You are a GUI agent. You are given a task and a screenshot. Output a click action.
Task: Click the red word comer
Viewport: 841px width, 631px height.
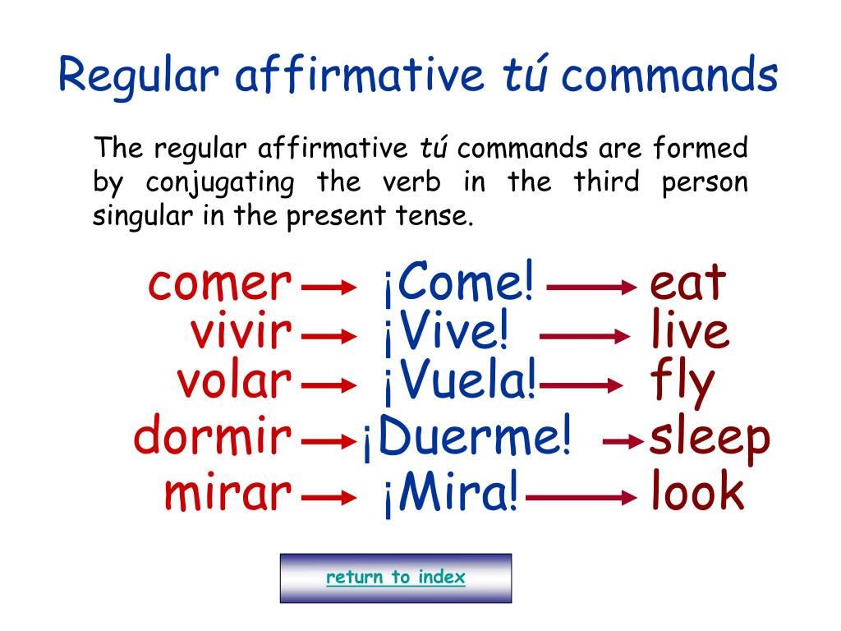pyautogui.click(x=220, y=284)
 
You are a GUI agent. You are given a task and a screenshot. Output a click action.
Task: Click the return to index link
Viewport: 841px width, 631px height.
pyautogui.click(x=395, y=578)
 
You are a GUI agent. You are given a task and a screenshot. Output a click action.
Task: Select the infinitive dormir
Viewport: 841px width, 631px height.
pyautogui.click(x=213, y=437)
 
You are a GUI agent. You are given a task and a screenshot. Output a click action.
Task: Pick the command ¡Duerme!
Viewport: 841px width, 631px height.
pyautogui.click(x=466, y=439)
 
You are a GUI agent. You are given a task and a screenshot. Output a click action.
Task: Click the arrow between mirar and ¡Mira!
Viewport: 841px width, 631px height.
pyautogui.click(x=329, y=497)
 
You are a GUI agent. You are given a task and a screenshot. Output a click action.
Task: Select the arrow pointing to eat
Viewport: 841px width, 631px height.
pyautogui.click(x=592, y=287)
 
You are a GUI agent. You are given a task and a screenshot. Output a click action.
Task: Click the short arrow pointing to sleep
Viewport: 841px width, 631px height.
pyautogui.click(x=622, y=442)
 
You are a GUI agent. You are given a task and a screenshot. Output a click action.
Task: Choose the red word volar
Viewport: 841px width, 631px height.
pyautogui.click(x=234, y=381)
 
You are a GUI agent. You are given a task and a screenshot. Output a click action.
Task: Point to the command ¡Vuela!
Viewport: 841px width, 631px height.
pyautogui.click(x=459, y=382)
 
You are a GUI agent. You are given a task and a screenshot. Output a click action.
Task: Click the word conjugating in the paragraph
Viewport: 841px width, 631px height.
pyautogui.click(x=219, y=182)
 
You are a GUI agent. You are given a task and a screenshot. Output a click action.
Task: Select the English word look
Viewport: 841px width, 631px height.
pyautogui.click(x=697, y=493)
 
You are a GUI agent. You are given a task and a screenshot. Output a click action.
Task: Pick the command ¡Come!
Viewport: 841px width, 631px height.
pyautogui.click(x=458, y=284)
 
